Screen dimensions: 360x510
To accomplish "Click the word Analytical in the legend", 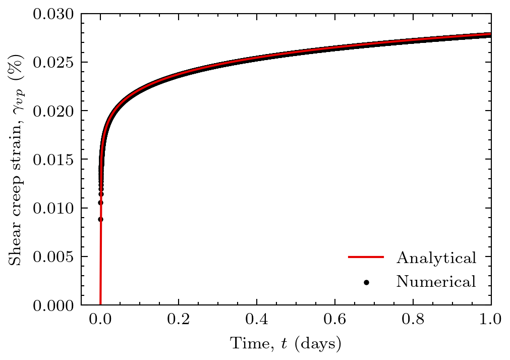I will tap(436, 258).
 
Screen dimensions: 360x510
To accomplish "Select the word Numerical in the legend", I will tap(436, 281).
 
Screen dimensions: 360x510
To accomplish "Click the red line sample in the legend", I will tap(366, 258).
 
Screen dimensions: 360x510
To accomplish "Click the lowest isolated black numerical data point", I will tap(100, 219).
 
